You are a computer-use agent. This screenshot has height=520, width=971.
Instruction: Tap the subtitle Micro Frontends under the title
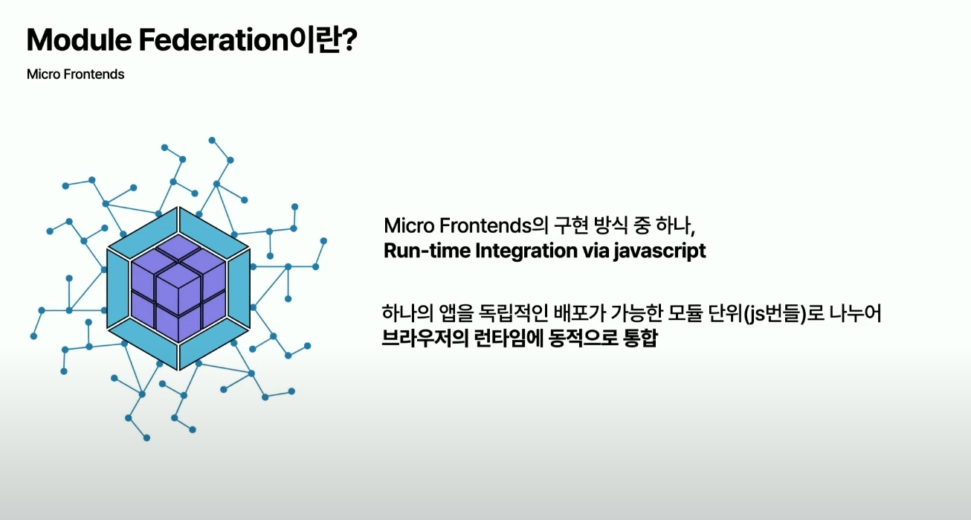75,74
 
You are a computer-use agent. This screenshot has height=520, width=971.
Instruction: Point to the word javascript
659,251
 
